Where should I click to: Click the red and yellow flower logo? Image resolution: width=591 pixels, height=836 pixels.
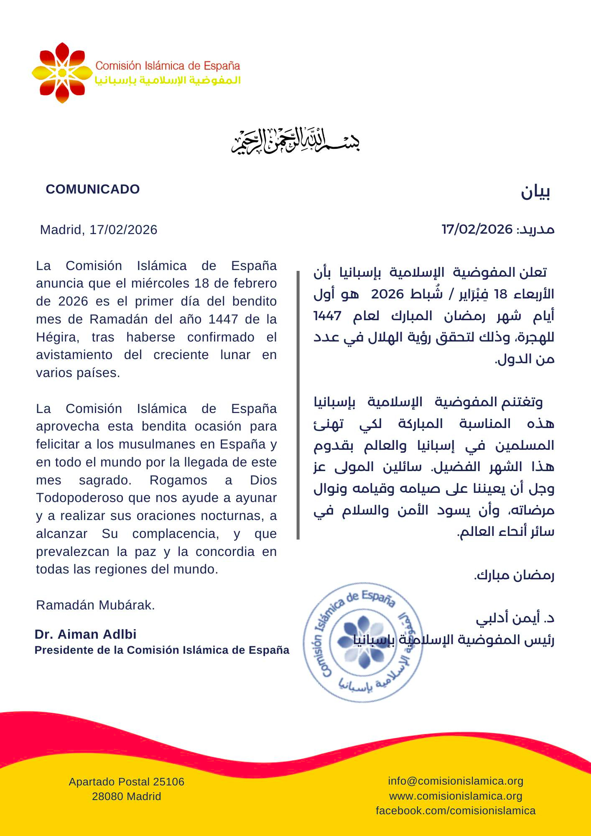click(62, 73)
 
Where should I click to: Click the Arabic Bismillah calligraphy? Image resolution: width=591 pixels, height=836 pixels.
click(295, 141)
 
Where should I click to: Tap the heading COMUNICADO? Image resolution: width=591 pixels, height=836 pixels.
click(93, 189)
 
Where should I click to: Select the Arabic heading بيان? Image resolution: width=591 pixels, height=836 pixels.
click(535, 192)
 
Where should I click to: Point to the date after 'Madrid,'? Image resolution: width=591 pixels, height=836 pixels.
click(123, 230)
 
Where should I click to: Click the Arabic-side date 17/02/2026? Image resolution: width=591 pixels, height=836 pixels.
click(477, 229)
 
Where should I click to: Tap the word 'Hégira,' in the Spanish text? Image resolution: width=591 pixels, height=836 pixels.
click(58, 337)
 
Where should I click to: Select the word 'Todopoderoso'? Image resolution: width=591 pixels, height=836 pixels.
click(80, 498)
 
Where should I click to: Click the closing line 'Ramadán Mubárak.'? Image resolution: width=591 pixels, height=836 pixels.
click(95, 605)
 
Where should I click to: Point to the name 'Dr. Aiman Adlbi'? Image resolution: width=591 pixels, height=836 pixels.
click(86, 635)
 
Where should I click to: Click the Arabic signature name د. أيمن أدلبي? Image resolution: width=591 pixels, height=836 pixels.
click(515, 618)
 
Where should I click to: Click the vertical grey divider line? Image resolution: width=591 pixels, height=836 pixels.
click(298, 405)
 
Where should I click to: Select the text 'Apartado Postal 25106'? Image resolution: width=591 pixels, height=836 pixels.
click(126, 782)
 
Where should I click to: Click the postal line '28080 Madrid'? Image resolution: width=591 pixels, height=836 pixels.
click(126, 797)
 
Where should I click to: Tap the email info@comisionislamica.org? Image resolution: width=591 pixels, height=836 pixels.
click(456, 781)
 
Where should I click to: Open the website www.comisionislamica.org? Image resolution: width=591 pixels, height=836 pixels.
click(456, 796)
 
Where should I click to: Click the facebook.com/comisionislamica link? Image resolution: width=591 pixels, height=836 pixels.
click(456, 811)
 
